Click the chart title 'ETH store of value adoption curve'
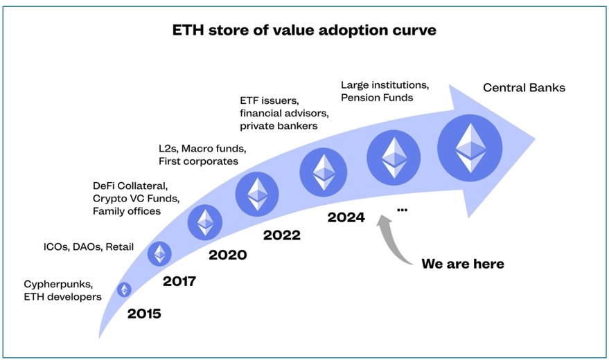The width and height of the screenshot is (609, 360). click(304, 30)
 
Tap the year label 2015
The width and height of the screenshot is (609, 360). click(144, 314)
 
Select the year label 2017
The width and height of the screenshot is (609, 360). click(179, 281)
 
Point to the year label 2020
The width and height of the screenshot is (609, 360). click(228, 255)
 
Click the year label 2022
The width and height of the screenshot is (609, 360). click(282, 235)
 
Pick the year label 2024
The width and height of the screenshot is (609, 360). click(346, 217)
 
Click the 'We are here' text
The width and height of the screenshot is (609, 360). click(463, 264)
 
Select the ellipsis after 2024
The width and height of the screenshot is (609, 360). click(402, 210)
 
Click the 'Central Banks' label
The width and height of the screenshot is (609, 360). click(524, 88)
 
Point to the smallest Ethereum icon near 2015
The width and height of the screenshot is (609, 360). click(124, 290)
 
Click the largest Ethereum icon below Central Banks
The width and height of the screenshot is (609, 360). click(470, 147)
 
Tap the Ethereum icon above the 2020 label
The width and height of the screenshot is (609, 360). click(205, 223)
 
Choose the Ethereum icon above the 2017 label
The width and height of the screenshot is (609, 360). click(159, 253)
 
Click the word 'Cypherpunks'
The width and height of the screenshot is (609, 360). click(58, 285)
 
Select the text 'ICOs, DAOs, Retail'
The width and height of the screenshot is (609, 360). click(89, 247)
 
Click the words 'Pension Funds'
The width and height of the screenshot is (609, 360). click(377, 98)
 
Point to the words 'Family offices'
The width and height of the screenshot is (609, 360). click(127, 211)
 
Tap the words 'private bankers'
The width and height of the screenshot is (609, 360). click(279, 126)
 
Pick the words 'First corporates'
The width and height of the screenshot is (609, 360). click(198, 161)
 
